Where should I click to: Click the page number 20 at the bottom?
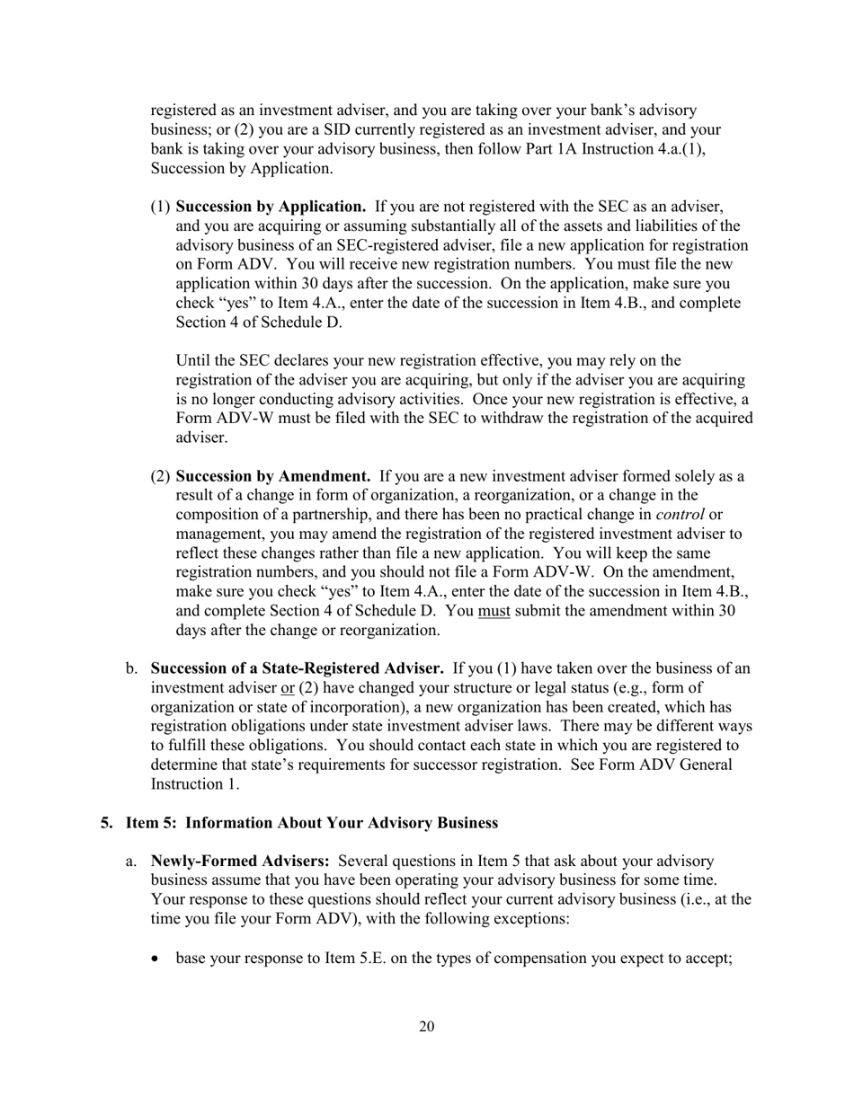pos(426,1027)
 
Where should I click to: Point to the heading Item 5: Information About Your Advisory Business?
pos(311,822)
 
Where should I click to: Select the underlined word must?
pos(494,610)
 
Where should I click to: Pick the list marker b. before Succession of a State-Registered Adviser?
pos(131,667)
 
